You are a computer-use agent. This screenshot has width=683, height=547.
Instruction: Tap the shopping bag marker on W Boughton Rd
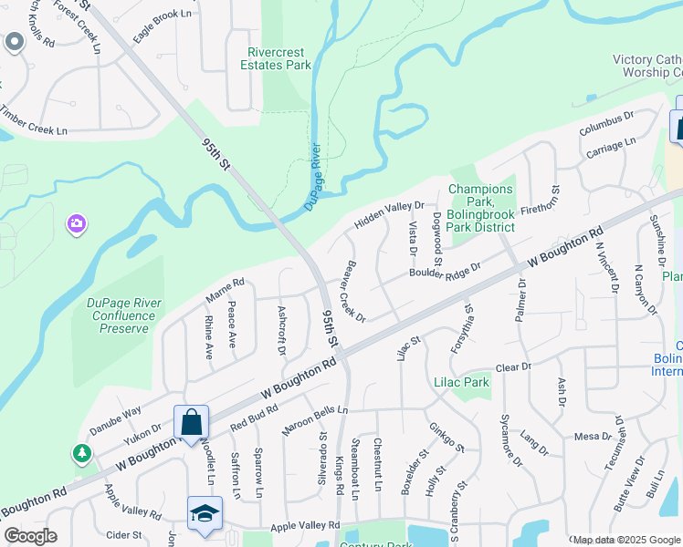tap(191, 424)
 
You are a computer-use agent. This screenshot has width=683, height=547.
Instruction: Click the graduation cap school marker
tap(205, 514)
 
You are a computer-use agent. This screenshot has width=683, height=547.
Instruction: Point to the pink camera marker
tap(77, 223)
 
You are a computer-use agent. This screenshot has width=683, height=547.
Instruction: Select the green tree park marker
tap(82, 453)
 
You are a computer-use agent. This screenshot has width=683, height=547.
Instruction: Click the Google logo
tap(30, 536)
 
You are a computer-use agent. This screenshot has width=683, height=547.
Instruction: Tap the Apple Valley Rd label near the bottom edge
tap(305, 526)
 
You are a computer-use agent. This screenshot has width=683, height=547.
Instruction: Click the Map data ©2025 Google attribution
tap(625, 540)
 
